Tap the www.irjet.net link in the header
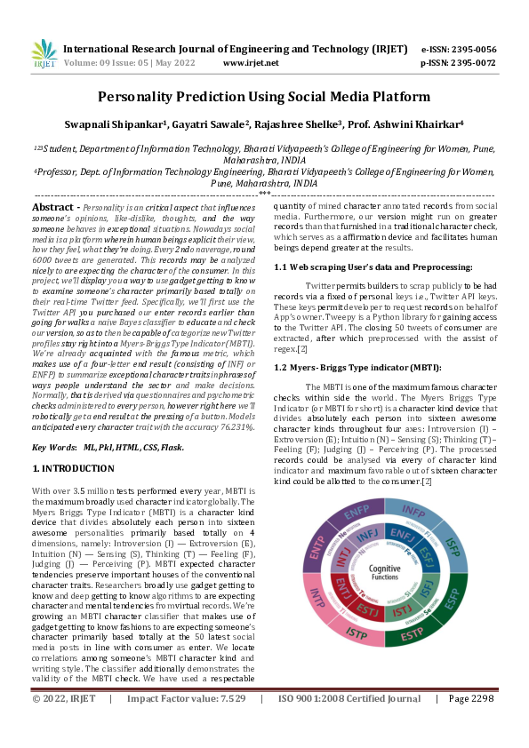[250, 63]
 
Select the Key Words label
[52, 448]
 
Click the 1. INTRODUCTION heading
[73, 468]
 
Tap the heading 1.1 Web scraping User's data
[373, 267]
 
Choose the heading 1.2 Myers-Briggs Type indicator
[357, 368]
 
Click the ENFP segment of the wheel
[356, 513]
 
